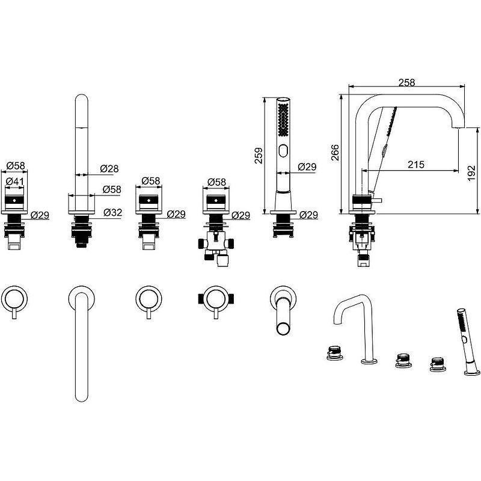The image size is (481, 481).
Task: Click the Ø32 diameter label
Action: tap(112, 212)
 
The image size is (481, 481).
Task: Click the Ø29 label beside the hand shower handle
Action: tap(307, 167)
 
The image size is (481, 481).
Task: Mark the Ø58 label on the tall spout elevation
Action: tap(111, 189)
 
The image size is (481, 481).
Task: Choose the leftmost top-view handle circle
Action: tap(14, 296)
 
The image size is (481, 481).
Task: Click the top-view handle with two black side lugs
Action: tap(213, 296)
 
